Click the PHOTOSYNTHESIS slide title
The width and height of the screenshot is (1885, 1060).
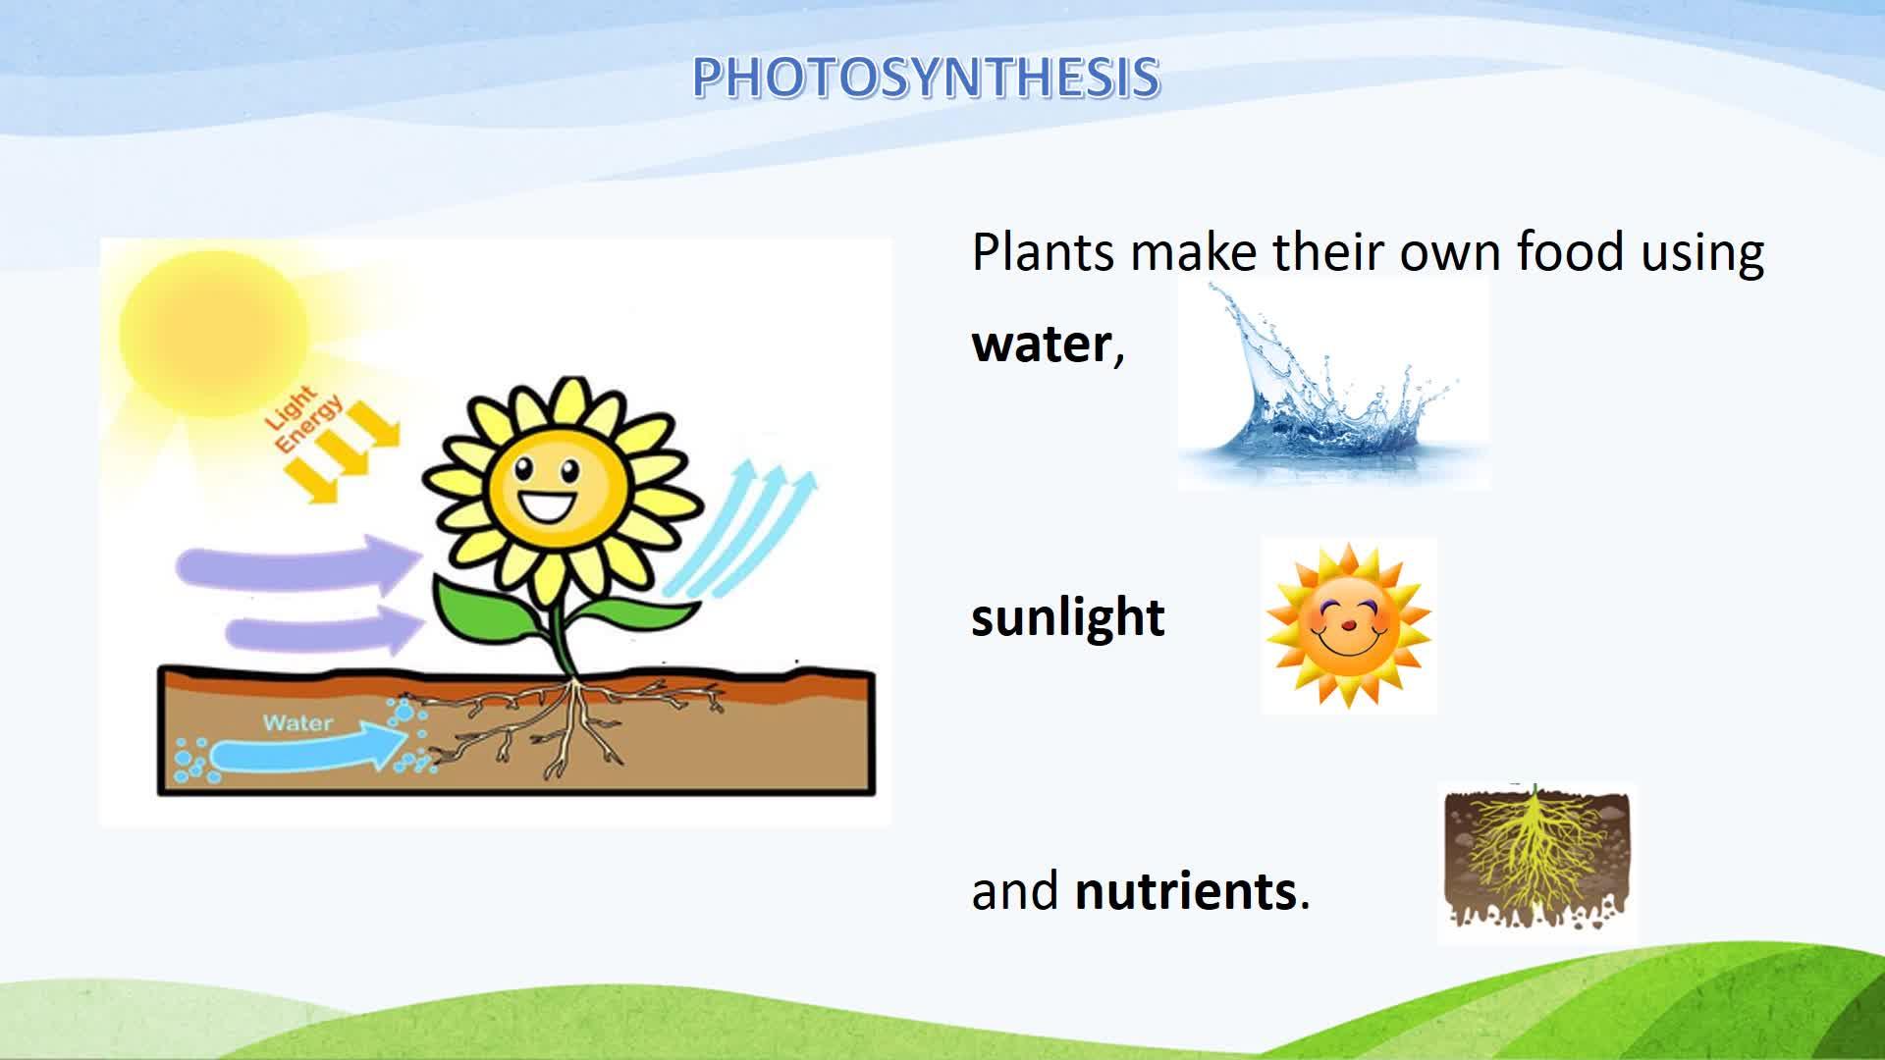point(926,78)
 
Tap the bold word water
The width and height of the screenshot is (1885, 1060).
point(1041,344)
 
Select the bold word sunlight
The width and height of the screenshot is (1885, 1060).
point(1068,618)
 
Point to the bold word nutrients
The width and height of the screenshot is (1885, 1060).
point(1186,891)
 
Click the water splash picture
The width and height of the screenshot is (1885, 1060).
point(1333,384)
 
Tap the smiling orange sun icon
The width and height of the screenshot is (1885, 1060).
point(1348,625)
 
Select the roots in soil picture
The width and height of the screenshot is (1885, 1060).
point(1536,863)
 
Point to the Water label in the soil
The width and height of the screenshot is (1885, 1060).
point(298,723)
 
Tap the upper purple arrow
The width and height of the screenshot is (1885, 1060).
point(299,564)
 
